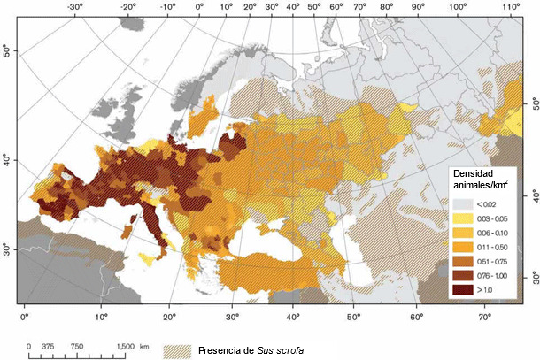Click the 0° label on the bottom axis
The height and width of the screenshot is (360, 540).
pos(25,315)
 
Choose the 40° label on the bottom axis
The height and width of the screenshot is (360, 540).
pos(293,315)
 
